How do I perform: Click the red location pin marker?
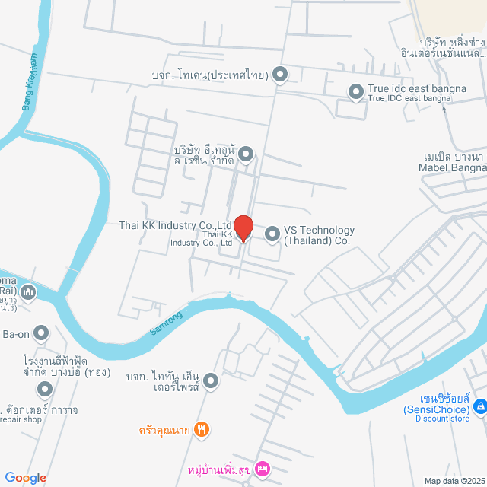coord(243,228)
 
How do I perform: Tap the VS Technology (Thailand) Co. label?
coord(319,235)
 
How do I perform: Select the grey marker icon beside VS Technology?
coord(272,234)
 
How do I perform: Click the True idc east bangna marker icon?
coord(355,92)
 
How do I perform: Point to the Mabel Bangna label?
coord(454,167)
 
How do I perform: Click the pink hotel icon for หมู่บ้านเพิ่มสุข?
coord(263,467)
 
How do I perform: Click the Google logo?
coord(25,478)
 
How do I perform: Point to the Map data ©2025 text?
coord(454,481)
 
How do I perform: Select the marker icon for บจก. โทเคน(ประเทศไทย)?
coord(280,75)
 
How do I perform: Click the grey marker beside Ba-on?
coord(42,333)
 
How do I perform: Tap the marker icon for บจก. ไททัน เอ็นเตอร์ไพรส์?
coord(211,380)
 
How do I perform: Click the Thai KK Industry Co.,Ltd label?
coord(175,225)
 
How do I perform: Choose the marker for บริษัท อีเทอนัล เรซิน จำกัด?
coord(246,155)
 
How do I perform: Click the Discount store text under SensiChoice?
coord(442,419)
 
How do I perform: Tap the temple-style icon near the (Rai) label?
coord(28,291)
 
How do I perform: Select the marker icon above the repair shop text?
coord(45,390)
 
